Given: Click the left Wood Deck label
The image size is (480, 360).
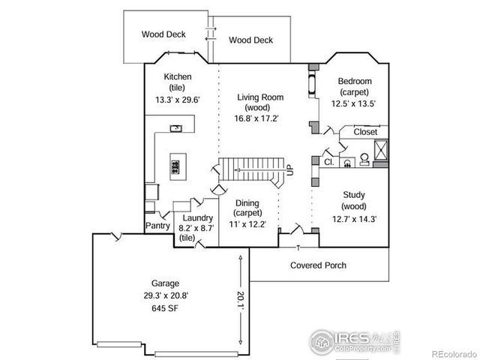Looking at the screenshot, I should (163, 34).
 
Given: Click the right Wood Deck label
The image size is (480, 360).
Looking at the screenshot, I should (250, 40).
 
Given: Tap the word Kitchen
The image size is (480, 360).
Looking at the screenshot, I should (178, 76).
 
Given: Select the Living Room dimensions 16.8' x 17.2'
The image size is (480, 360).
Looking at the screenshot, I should (257, 118).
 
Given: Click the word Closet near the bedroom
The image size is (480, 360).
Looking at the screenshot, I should (365, 131).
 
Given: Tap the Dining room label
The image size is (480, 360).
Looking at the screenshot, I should (247, 202).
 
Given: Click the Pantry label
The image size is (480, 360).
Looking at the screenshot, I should (157, 225).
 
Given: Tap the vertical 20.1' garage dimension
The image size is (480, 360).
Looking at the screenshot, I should (241, 298).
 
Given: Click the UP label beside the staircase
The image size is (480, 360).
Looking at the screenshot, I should (290, 170).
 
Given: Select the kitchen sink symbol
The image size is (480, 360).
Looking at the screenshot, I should (176, 128).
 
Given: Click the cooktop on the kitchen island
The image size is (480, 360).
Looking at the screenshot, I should (177, 165).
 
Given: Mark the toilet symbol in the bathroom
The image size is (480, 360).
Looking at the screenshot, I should (364, 158).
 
